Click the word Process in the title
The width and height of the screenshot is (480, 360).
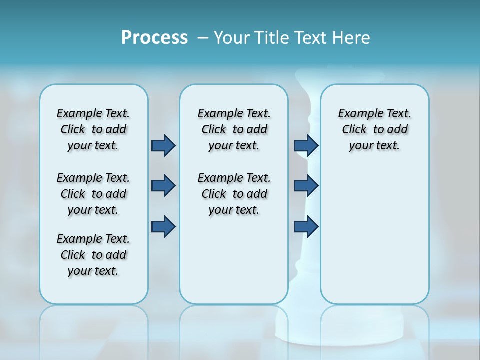coord(154,38)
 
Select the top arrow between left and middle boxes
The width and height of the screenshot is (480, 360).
coord(163,145)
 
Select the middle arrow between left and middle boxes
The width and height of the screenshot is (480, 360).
coord(163,186)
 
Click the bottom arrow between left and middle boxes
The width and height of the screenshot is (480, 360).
coord(163,226)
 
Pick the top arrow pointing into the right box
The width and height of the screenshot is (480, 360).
coord(306,145)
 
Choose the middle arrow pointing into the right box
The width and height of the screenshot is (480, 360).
coord(306,186)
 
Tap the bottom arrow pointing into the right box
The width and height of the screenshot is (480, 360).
coord(306,226)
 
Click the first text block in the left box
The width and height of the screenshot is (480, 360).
coord(93,129)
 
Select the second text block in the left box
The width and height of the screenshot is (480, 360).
coord(93,194)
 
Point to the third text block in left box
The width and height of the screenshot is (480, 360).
coord(93,255)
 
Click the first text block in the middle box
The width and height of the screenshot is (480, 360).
coord(234,129)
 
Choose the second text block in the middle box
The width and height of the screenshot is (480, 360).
coord(234,194)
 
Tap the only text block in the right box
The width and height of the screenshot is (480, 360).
coord(374,129)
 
